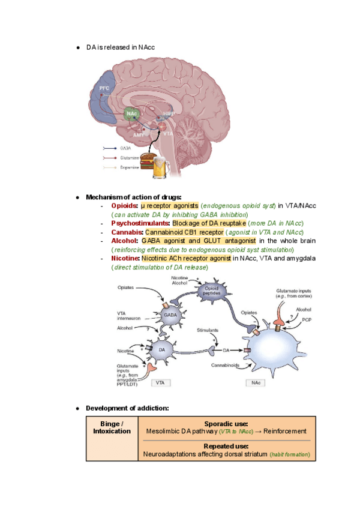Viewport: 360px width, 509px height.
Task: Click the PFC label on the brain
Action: tap(104, 89)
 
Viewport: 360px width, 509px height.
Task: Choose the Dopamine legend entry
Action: tap(122, 167)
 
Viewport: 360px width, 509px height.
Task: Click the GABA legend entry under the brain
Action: tap(118, 148)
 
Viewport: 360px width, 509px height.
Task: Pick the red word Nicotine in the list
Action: tap(125, 258)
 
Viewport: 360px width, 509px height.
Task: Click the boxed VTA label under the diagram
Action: tap(160, 382)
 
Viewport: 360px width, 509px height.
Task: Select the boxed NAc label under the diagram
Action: tap(253, 382)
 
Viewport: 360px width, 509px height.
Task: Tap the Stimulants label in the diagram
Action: tap(208, 330)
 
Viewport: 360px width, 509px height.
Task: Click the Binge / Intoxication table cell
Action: tap(112, 427)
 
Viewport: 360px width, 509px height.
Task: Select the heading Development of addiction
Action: tap(127, 408)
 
